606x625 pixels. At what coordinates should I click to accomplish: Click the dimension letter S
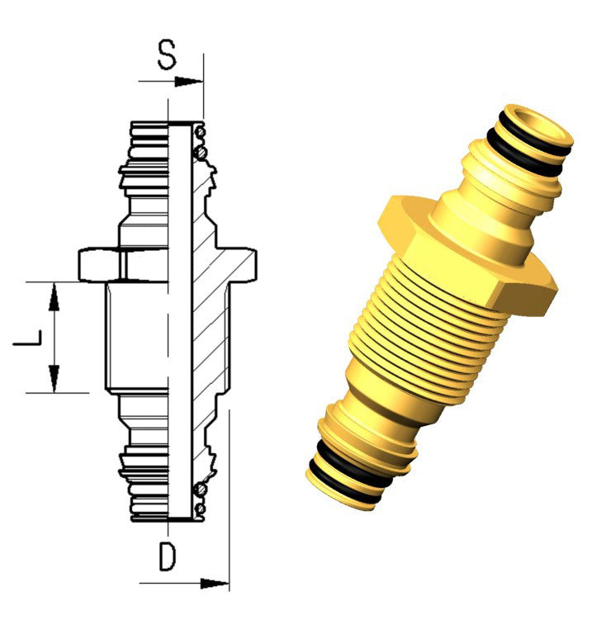point(166,54)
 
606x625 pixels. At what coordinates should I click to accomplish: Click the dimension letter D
point(168,556)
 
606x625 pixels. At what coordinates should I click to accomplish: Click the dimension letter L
point(27,337)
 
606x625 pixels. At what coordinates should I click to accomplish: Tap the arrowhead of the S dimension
point(188,82)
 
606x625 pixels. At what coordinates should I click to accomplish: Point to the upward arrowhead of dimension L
point(54,296)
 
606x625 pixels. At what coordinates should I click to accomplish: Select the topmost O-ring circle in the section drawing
point(201,131)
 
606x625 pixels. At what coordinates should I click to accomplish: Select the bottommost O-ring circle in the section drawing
point(201,509)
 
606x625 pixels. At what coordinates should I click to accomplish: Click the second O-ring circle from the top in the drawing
point(200,151)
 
